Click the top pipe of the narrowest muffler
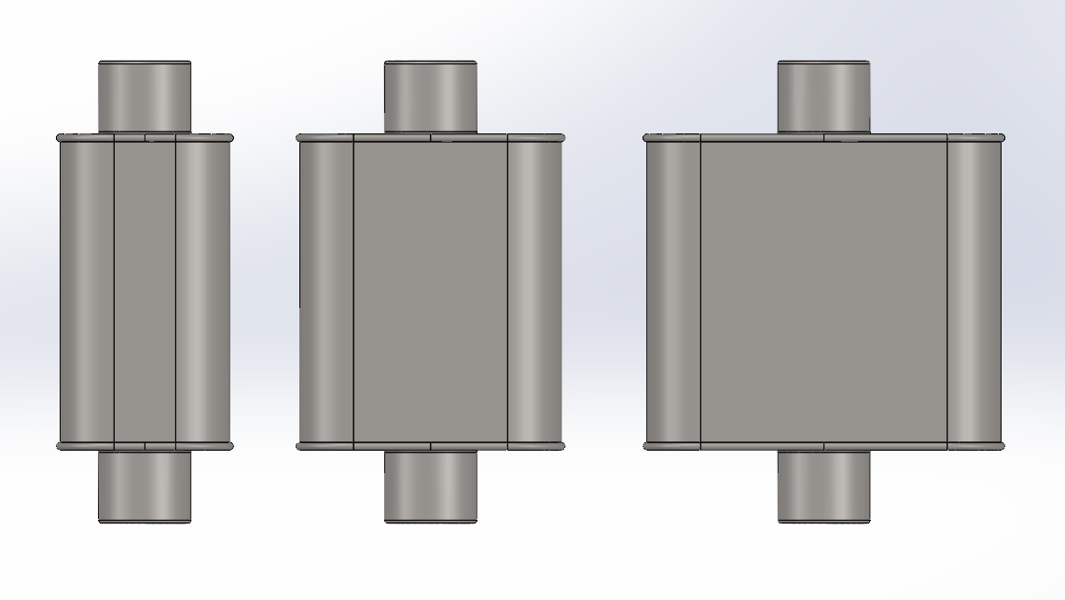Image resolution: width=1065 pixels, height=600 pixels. coord(145,96)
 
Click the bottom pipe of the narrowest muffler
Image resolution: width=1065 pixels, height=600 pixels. coord(145,486)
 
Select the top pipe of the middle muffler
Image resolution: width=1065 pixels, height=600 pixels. coord(430,96)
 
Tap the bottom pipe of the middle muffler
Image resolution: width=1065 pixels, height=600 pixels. coord(430,486)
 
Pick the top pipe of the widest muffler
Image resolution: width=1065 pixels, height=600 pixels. coord(823,96)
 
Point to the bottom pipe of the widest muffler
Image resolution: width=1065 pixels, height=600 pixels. coord(823,486)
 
